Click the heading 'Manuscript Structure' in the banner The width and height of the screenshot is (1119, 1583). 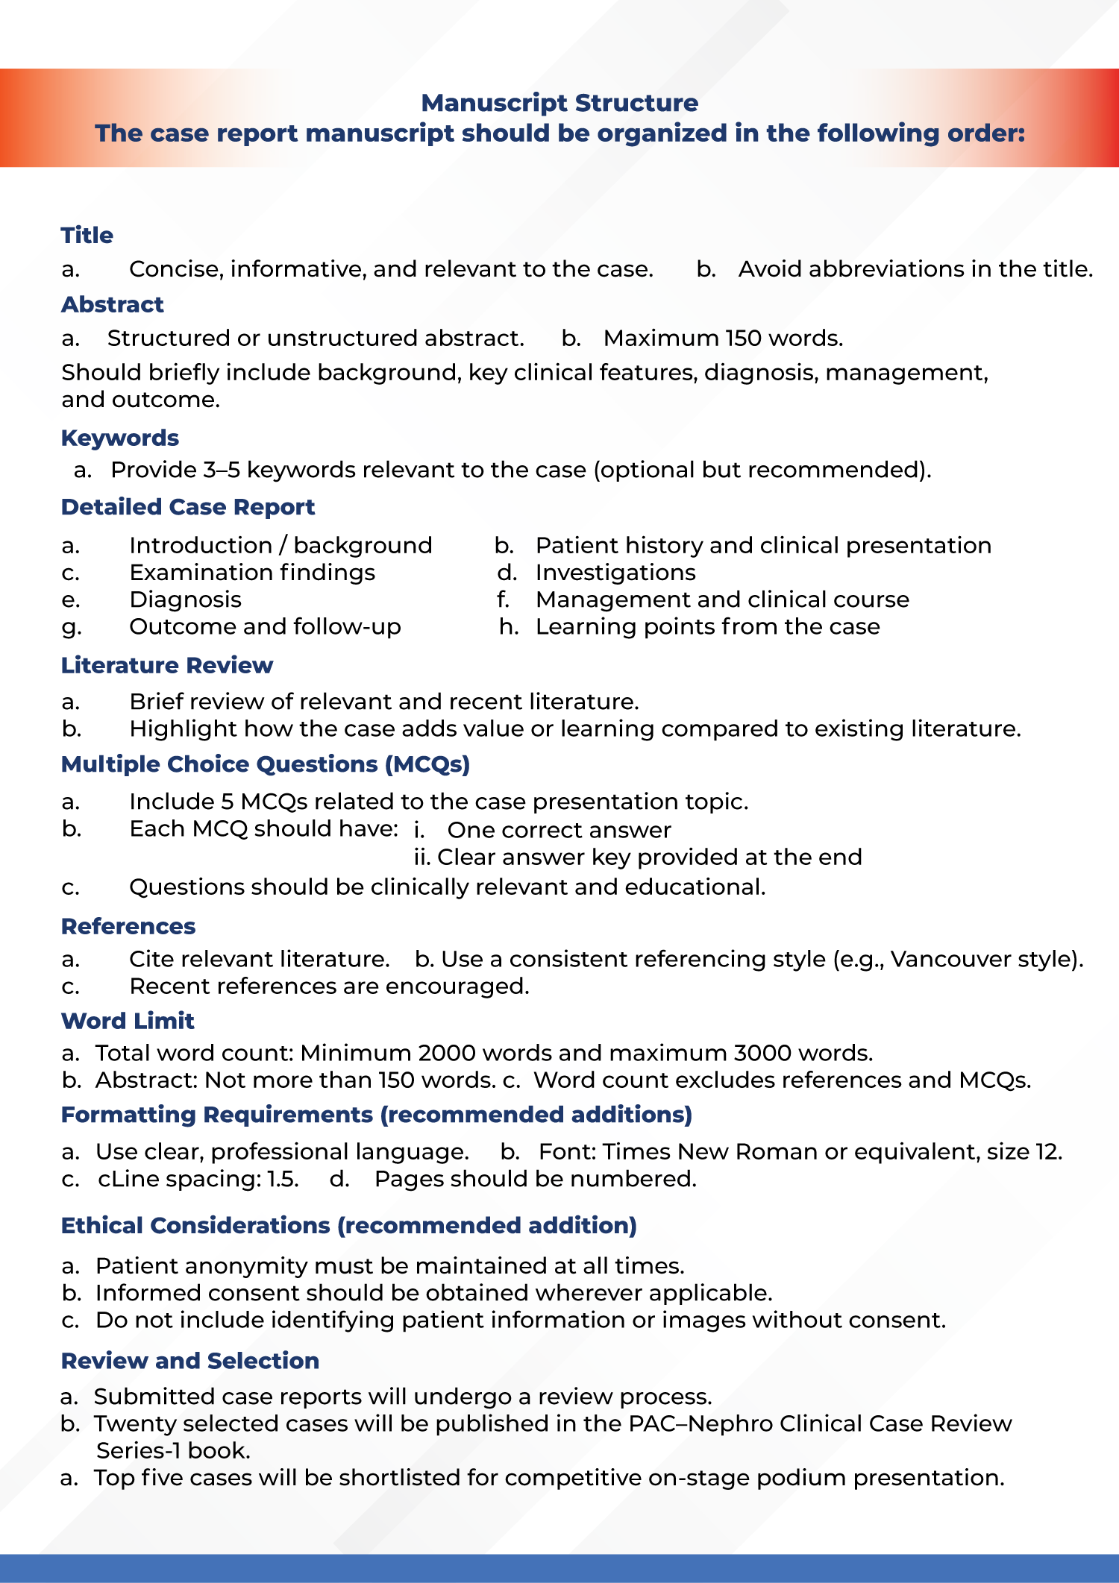click(x=559, y=103)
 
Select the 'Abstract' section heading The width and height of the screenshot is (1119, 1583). click(x=112, y=304)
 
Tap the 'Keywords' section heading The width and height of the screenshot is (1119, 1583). click(x=119, y=438)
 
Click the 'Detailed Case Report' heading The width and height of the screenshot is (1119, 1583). click(x=188, y=507)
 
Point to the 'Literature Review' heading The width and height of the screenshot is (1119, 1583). click(x=167, y=665)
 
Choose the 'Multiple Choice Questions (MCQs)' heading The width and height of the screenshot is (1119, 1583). click(x=266, y=764)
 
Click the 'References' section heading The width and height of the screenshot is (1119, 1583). click(x=128, y=926)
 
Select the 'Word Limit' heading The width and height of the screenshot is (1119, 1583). click(x=128, y=1021)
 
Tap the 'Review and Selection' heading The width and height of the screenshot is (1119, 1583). click(x=190, y=1361)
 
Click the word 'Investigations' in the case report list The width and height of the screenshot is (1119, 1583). click(x=615, y=573)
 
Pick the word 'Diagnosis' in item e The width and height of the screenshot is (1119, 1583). click(x=185, y=599)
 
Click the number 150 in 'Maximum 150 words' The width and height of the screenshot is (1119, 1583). click(x=742, y=339)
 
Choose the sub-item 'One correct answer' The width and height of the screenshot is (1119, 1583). click(x=559, y=830)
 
